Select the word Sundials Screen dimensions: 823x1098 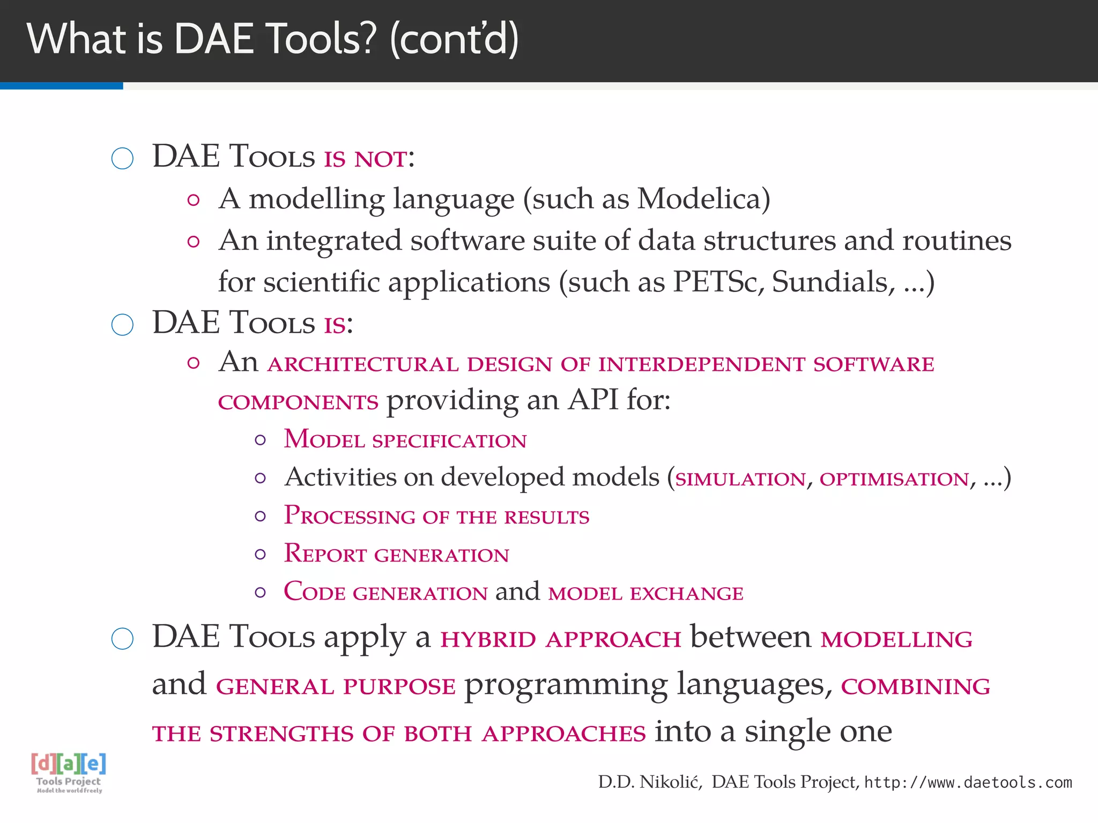(x=833, y=282)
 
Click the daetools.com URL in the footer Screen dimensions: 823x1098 (x=968, y=783)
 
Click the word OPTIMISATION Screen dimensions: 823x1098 (x=894, y=479)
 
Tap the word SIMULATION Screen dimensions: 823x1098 (x=740, y=479)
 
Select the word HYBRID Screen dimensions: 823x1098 (x=488, y=640)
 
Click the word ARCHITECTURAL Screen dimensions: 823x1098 (x=363, y=364)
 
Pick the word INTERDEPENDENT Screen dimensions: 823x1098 (x=701, y=364)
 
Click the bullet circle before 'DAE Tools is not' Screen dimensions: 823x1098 (x=122, y=159)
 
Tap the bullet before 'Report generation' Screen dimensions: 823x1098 (x=261, y=555)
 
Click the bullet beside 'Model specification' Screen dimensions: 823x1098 (x=261, y=440)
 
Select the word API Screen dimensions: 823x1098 (x=593, y=400)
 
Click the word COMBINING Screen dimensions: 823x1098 (x=915, y=687)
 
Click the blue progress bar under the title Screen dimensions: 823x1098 (x=61, y=86)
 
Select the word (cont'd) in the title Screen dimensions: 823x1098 (x=455, y=40)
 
